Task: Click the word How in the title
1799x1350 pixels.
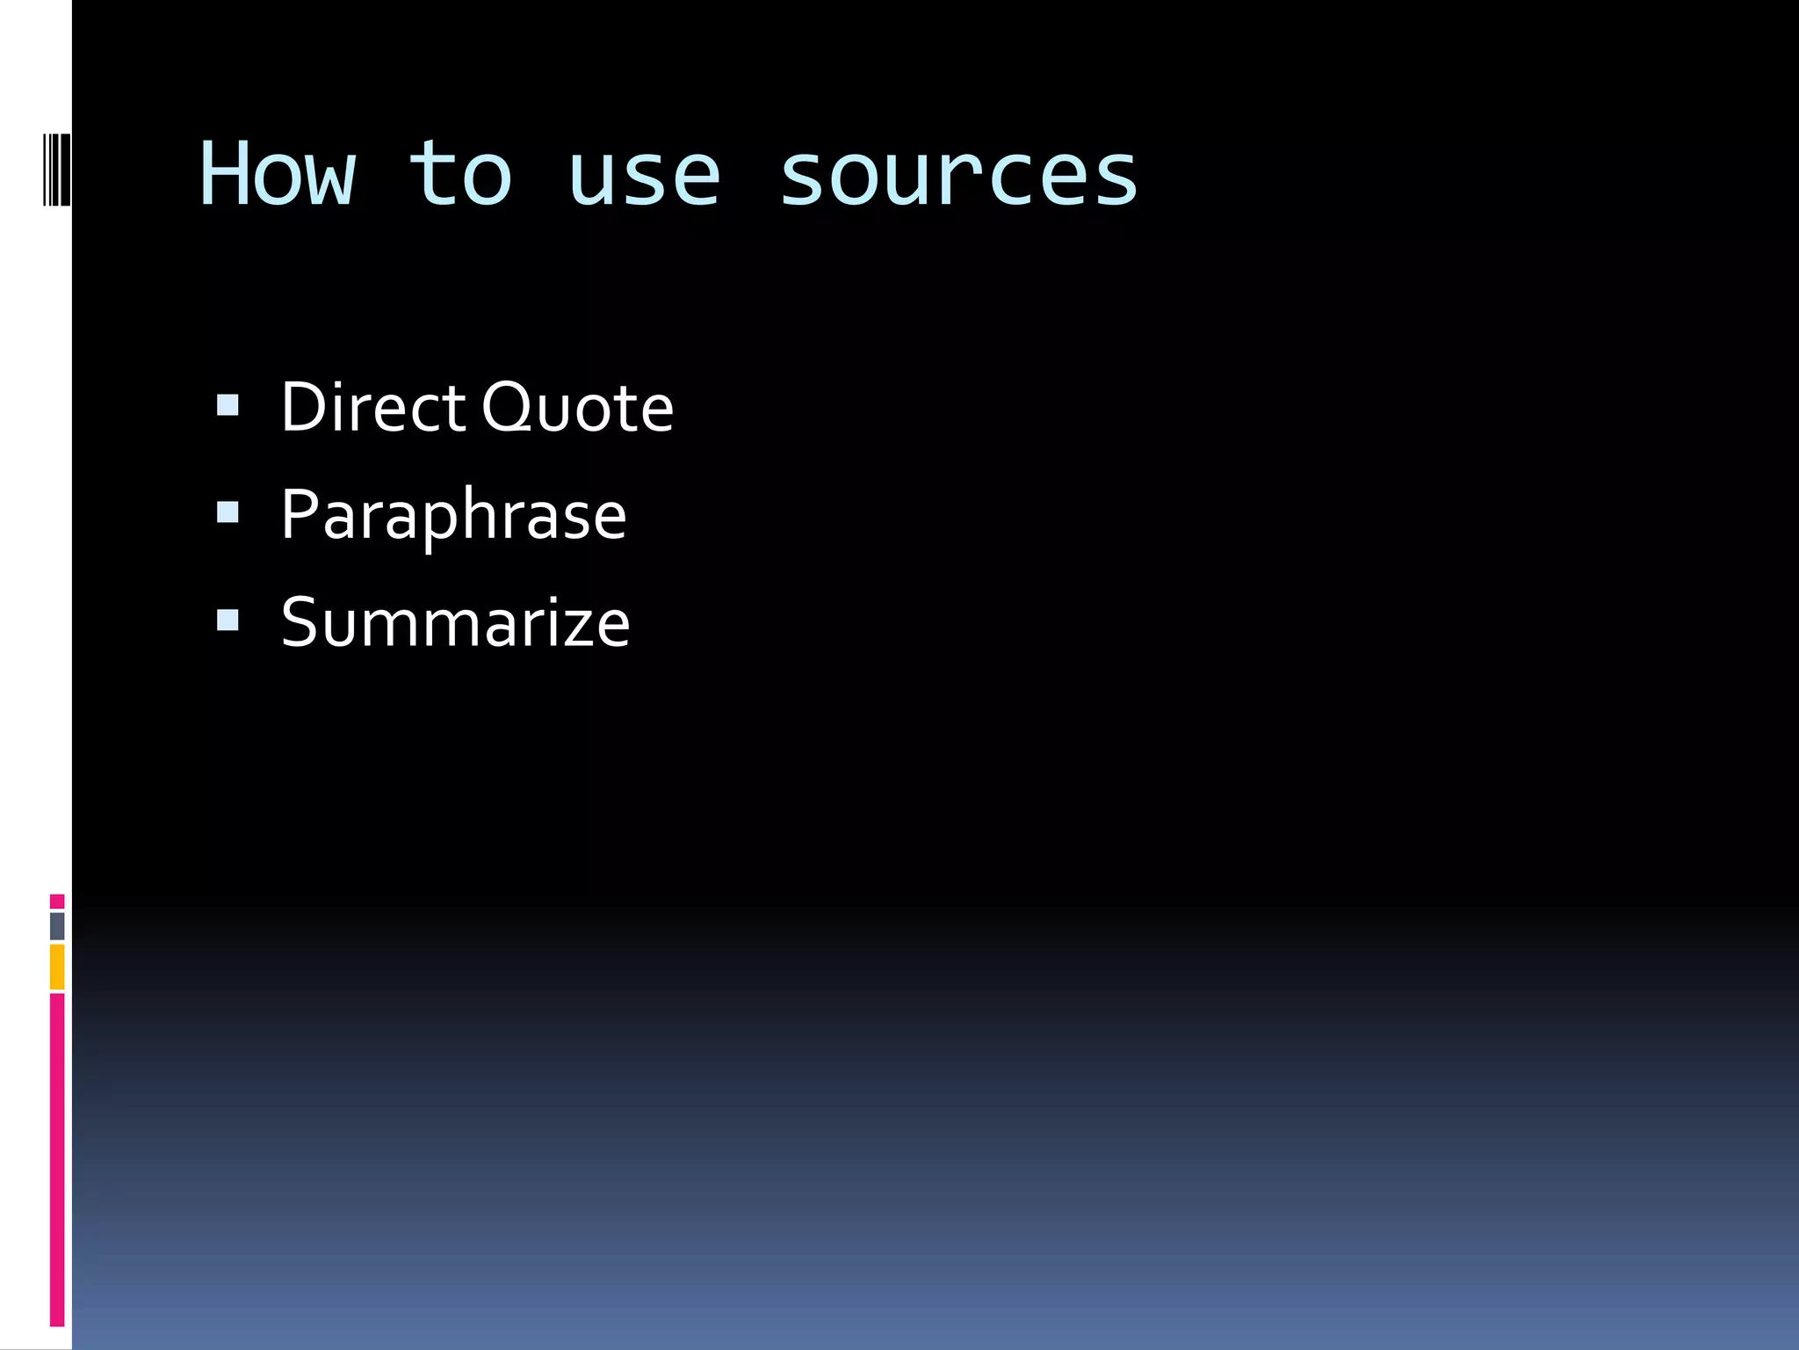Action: pyautogui.click(x=278, y=175)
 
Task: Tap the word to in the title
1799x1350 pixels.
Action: pyautogui.click(x=460, y=175)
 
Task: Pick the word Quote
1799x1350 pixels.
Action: pyautogui.click(x=578, y=408)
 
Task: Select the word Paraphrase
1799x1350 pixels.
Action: pyautogui.click(x=453, y=516)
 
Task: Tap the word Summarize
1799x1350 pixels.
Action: pyautogui.click(x=455, y=623)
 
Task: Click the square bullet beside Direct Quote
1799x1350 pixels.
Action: pyautogui.click(x=228, y=405)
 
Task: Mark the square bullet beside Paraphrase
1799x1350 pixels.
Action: pyautogui.click(x=228, y=512)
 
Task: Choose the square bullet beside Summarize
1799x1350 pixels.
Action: pyautogui.click(x=228, y=621)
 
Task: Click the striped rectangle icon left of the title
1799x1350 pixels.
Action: pyautogui.click(x=57, y=169)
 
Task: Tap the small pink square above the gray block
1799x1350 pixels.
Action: pyautogui.click(x=57, y=901)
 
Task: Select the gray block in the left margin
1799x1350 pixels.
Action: pyautogui.click(x=57, y=925)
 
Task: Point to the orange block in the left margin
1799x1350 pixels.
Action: pyautogui.click(x=57, y=967)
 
